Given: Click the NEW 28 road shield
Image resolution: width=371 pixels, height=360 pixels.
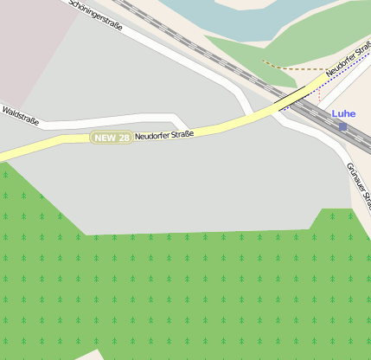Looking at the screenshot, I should [x=112, y=138].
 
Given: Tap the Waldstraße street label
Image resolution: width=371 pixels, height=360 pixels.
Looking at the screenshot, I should [x=20, y=115].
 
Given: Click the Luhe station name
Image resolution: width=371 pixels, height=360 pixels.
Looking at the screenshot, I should [x=343, y=113].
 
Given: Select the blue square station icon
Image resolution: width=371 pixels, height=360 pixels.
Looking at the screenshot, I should [x=342, y=126].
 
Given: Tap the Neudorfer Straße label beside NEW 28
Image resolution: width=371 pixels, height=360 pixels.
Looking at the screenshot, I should [x=164, y=134].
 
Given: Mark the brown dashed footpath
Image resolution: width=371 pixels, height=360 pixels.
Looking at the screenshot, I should [x=294, y=67].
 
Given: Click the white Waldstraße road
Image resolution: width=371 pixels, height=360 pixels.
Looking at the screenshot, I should [x=104, y=120].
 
